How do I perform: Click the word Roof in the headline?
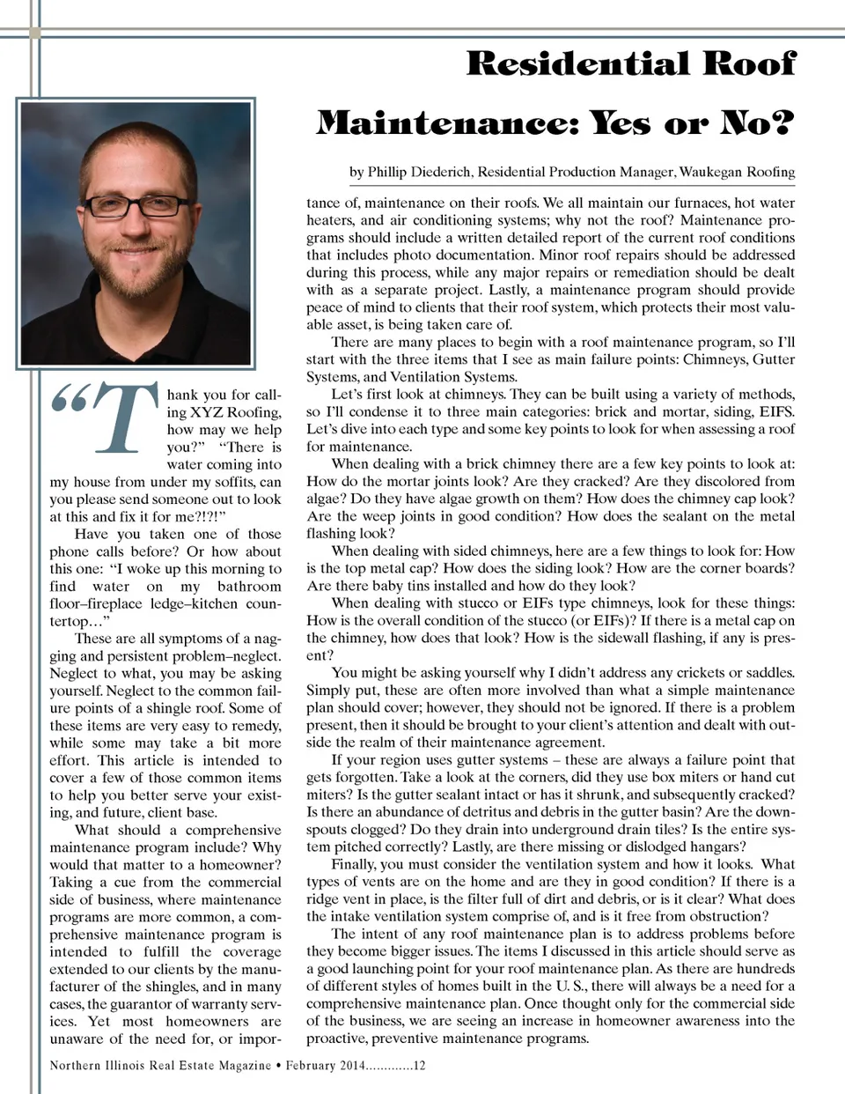pyautogui.click(x=749, y=63)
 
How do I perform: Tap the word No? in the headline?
pyautogui.click(x=758, y=123)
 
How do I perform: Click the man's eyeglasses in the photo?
pyautogui.click(x=136, y=206)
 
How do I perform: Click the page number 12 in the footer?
pyautogui.click(x=419, y=1065)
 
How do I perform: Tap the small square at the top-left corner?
pyautogui.click(x=34, y=33)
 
